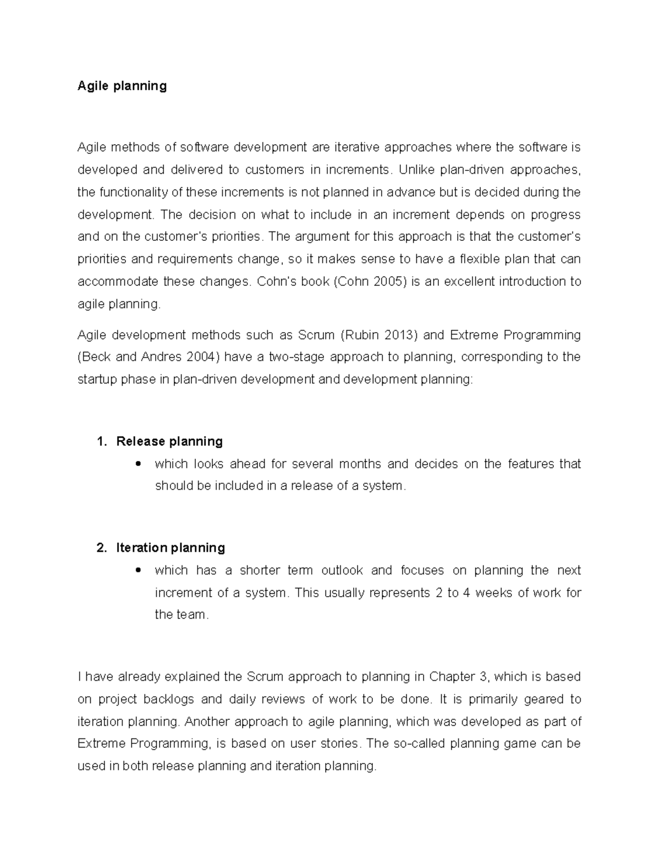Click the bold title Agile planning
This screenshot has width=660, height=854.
click(122, 86)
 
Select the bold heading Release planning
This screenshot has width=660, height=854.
click(169, 442)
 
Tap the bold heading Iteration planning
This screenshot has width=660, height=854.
click(170, 548)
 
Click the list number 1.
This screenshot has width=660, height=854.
click(100, 442)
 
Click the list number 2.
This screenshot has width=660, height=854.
click(100, 548)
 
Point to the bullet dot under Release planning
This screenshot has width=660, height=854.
click(138, 464)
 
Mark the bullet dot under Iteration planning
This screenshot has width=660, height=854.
click(138, 570)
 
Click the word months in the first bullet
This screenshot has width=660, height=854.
click(360, 464)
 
